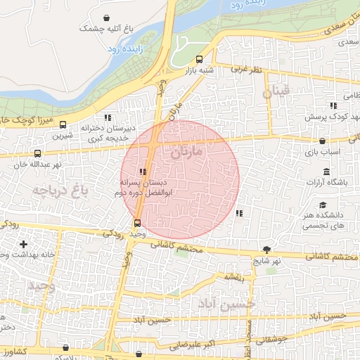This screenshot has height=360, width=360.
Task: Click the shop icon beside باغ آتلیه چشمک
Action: click(105, 18)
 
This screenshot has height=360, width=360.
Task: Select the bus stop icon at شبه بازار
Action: click(199, 60)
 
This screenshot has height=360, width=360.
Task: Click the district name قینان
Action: click(276, 92)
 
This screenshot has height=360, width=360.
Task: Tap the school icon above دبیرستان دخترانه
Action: click(108, 118)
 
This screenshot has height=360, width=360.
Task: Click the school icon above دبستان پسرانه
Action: click(143, 172)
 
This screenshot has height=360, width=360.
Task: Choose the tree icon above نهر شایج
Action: click(266, 250)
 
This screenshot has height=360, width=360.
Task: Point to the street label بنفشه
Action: click(234, 277)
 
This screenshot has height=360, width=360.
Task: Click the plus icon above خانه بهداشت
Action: click(24, 243)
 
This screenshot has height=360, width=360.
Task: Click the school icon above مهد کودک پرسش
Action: click(333, 105)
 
